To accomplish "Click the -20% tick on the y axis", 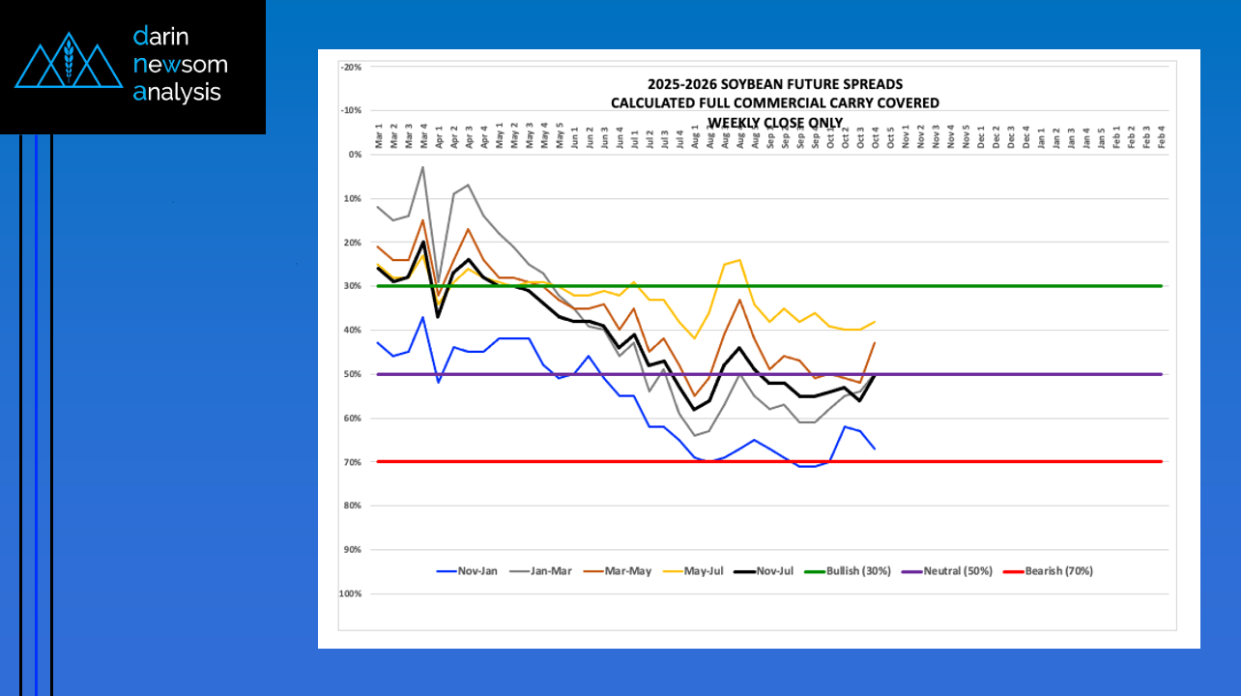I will coord(351,67).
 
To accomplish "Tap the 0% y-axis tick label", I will coord(355,155).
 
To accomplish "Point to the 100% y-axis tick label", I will coord(350,594).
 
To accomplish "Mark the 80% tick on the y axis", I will coord(353,506).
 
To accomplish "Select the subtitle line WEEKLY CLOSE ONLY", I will coord(774,122).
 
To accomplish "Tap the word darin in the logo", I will coord(161,37).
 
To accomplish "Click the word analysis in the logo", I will coord(178,93).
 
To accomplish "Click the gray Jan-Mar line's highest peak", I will coord(422,167).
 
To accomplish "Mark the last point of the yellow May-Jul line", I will coord(875,322).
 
